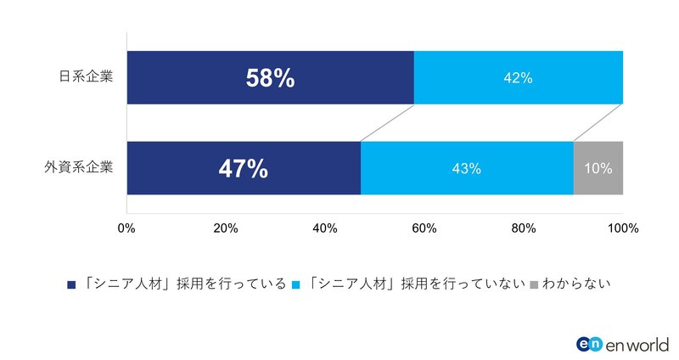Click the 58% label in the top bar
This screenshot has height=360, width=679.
pos(270,78)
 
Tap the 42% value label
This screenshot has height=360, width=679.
pos(518,78)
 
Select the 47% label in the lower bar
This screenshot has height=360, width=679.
pos(243,168)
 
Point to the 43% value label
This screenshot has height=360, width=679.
pos(467,168)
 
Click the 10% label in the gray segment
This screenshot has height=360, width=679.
pos(598,168)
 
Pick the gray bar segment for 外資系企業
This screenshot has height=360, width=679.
pos(598,183)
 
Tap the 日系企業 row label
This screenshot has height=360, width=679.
pos(85,77)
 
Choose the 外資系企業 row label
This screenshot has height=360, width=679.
pos(78,167)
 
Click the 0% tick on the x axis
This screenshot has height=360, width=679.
pos(126,228)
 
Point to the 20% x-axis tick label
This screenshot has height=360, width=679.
pos(225,228)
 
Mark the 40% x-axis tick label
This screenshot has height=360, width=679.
pos(325,228)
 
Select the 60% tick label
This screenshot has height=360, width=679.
pos(424,228)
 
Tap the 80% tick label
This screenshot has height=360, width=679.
pos(524,228)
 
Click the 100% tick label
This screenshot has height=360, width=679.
pos(622,228)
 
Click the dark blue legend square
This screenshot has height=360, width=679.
pos(70,284)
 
